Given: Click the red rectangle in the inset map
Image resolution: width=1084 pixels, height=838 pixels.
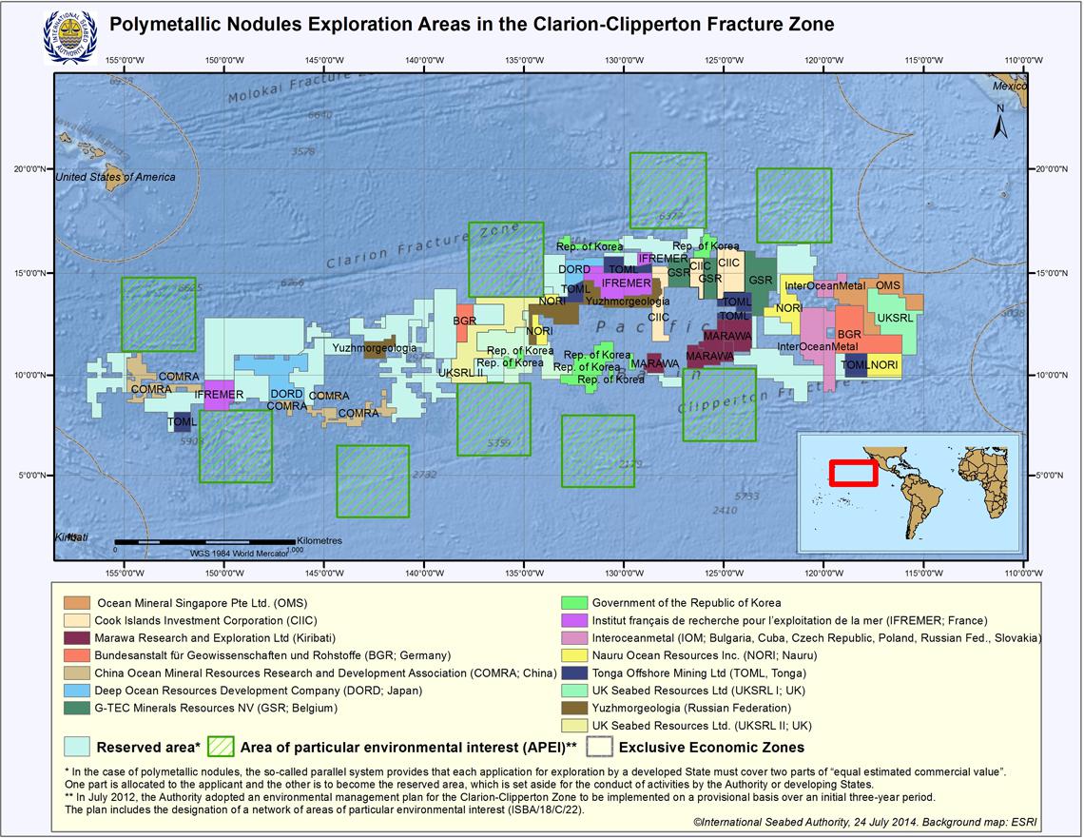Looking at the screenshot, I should [852, 472].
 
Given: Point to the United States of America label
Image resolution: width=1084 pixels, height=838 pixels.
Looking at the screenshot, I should [115, 177].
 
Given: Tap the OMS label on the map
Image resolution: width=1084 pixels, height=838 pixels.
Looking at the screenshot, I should [887, 284].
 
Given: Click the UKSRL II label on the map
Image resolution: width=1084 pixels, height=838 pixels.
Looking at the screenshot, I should [460, 373].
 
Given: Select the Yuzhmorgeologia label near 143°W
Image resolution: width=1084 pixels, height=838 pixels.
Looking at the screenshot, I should [374, 348].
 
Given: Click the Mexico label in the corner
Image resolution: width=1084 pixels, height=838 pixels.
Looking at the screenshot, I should [1011, 86].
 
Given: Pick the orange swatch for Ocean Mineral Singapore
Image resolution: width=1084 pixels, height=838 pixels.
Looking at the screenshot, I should [77, 603].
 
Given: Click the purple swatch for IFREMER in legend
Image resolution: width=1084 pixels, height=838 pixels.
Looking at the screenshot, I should [574, 620].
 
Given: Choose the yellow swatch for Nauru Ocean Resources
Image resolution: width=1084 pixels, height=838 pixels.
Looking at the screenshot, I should [574, 655].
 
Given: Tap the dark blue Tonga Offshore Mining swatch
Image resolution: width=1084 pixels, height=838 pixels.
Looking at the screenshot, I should [574, 672].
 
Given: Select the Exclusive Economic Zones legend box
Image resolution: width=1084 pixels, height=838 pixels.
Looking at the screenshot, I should [599, 747].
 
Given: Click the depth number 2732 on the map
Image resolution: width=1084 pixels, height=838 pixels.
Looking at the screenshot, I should [425, 474].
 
